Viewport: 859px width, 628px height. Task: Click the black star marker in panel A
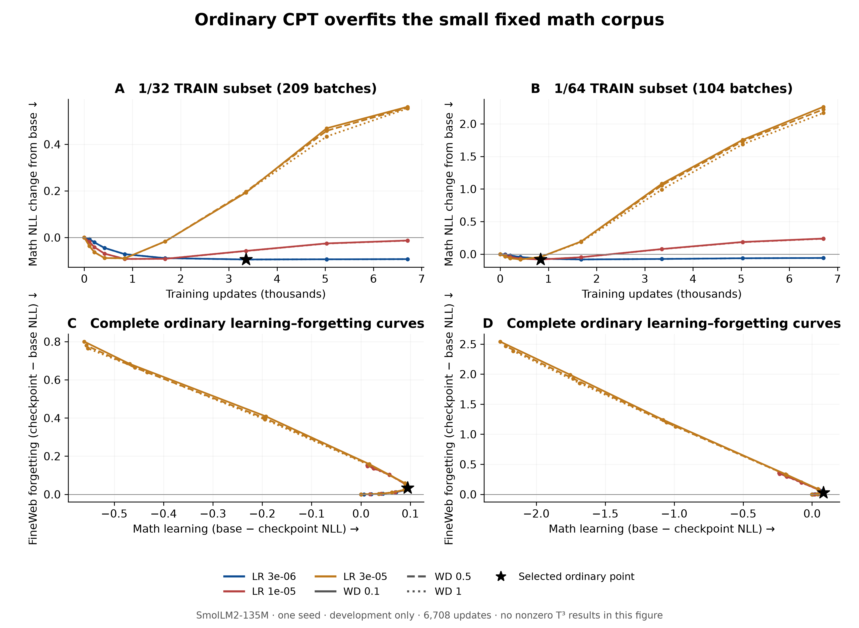click(246, 259)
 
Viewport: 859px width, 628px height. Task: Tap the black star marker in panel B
click(540, 259)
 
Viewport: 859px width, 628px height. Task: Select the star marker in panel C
click(408, 488)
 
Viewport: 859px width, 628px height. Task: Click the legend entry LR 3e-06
click(260, 577)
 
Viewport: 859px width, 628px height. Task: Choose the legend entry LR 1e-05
click(260, 592)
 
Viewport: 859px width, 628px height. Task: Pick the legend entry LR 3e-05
click(351, 577)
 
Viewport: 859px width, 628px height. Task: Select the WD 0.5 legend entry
click(439, 577)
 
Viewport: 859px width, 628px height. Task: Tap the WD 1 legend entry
click(434, 592)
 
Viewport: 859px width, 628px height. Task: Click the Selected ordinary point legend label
click(576, 577)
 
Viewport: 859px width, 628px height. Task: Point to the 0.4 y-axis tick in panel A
click(52, 145)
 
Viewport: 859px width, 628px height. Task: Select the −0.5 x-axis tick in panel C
click(114, 514)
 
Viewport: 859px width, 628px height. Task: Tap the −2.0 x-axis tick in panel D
click(536, 514)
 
